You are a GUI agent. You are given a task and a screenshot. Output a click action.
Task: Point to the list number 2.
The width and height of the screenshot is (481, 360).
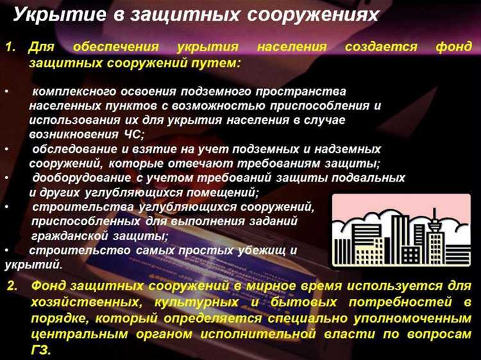[x=11, y=286]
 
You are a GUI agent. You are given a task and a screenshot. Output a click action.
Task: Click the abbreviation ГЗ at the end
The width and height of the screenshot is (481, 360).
[x=39, y=350]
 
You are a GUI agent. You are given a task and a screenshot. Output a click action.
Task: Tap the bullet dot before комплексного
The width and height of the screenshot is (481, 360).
[x=7, y=92]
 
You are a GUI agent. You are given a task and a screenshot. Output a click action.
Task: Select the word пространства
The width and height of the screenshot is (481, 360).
[x=301, y=92]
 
